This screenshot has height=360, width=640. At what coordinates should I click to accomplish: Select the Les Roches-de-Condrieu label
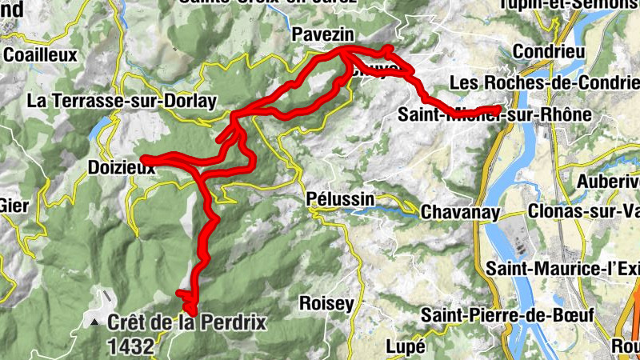tap(545, 83)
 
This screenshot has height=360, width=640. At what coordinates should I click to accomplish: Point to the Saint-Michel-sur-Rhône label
tap(494, 115)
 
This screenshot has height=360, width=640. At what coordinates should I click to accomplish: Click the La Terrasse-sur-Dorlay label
tap(122, 102)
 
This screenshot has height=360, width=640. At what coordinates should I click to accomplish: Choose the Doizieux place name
tap(118, 169)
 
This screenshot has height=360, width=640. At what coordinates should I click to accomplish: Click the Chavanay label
tap(460, 213)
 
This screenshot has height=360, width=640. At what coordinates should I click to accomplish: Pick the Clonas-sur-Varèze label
tap(585, 212)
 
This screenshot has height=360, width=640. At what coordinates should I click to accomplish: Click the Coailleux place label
tap(40, 55)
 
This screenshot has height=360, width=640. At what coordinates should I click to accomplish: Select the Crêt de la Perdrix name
tap(186, 324)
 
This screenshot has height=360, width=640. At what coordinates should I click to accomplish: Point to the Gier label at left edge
tap(14, 206)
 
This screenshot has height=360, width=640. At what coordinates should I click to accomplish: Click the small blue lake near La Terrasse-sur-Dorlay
tap(101, 127)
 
